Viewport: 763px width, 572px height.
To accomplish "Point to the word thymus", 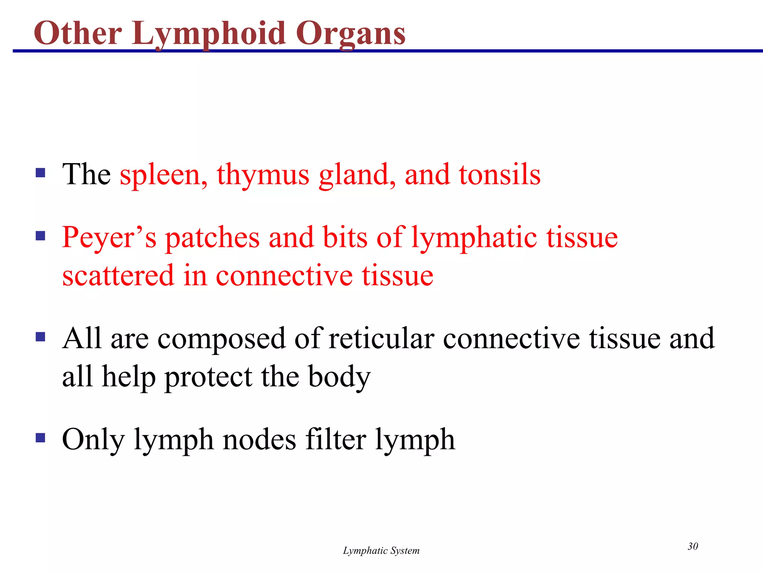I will (263, 175).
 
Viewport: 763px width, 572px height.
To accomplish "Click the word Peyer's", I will (109, 238).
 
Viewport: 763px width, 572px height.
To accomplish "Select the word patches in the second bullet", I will (212, 238).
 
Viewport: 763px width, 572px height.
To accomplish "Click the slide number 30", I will (693, 546).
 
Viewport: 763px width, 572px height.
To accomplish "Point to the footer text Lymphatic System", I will (381, 551).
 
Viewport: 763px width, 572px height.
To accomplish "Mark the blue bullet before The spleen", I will (40, 172).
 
